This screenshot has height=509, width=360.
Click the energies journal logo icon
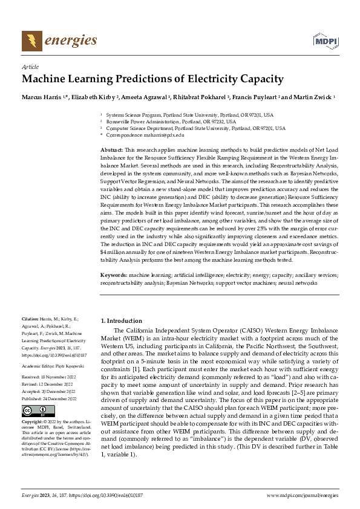pos(31,41)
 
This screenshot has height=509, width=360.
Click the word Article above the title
pos(30,67)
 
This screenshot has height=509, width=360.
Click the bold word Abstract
pos(112,149)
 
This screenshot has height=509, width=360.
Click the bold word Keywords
pos(114,275)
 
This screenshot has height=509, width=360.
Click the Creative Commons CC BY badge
pos(34,410)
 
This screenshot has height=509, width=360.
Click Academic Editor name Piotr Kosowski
pos(68,366)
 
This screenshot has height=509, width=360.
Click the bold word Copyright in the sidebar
pos(33,422)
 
